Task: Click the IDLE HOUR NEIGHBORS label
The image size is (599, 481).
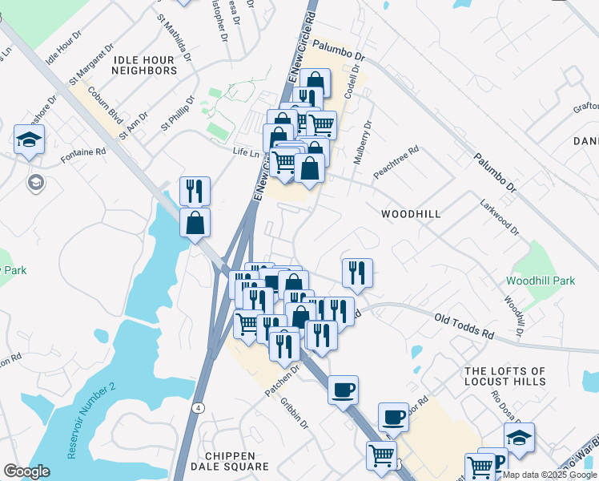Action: (x=144, y=65)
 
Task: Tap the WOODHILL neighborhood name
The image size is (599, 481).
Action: (x=411, y=214)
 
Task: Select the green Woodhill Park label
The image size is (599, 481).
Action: (x=541, y=281)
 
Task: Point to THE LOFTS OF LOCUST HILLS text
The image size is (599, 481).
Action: (x=505, y=377)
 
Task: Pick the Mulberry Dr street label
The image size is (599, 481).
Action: (x=362, y=141)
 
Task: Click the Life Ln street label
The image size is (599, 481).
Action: (x=246, y=152)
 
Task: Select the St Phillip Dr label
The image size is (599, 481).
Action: (x=178, y=114)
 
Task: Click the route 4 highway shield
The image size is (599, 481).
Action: (x=196, y=407)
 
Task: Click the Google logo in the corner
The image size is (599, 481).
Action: (x=26, y=471)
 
